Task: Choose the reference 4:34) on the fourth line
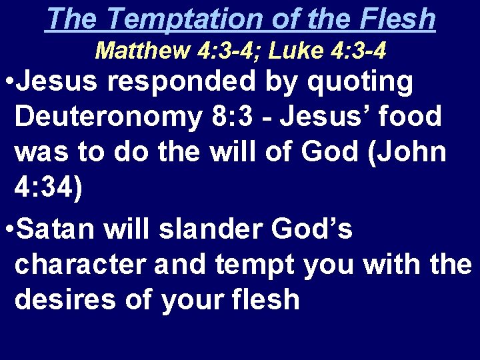[49, 189]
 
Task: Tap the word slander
[214, 230]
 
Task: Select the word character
[80, 265]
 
